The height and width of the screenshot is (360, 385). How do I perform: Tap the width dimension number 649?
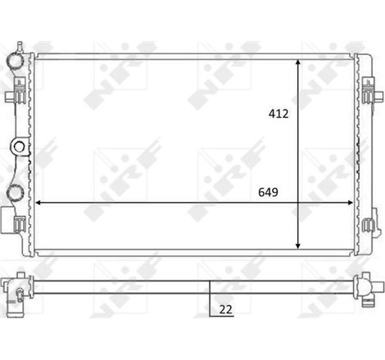point(267,193)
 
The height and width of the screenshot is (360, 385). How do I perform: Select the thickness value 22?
point(225,308)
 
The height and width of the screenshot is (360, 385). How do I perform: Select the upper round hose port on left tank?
point(16,62)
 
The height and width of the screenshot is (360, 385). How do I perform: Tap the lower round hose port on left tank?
point(16,193)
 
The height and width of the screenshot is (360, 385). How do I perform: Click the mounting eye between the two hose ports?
point(18,147)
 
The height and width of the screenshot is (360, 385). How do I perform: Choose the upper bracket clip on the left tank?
point(9,96)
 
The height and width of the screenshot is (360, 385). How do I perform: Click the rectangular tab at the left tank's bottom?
point(9,223)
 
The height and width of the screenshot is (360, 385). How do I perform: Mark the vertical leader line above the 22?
point(211,296)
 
